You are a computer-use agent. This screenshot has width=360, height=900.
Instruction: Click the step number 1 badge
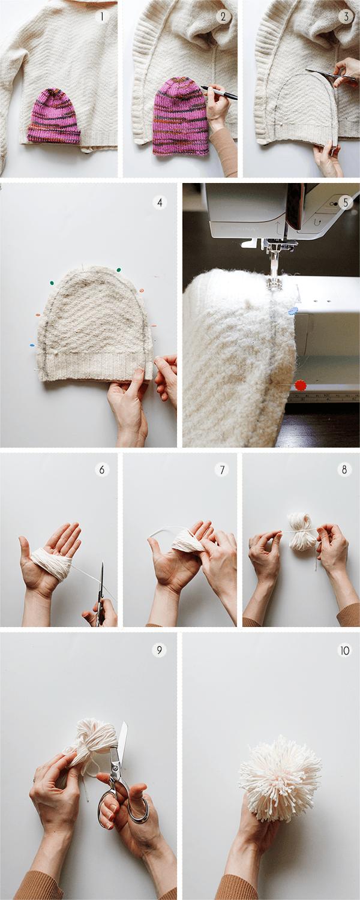[102, 16]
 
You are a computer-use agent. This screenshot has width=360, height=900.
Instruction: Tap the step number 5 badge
[346, 203]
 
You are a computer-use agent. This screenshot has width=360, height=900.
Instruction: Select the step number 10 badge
[345, 650]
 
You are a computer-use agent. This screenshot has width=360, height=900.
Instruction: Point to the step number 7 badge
[222, 469]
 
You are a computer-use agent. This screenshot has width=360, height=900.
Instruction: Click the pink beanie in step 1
[54, 116]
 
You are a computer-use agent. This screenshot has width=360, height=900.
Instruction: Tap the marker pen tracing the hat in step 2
[219, 92]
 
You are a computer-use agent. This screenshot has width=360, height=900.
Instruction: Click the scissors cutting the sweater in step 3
[331, 74]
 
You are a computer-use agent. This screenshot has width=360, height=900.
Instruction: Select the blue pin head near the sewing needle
[293, 311]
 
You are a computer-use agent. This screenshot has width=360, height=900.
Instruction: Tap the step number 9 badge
[159, 650]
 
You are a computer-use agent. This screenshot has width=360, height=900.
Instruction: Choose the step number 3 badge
[346, 16]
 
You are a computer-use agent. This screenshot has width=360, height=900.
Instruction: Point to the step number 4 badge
[160, 203]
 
